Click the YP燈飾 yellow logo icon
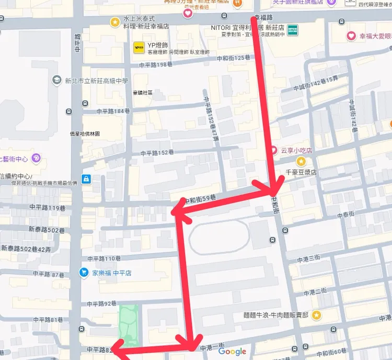[x=139, y=48]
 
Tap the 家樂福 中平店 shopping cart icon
[x=83, y=272]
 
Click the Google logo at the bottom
[x=233, y=352]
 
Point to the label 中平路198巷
[x=156, y=64]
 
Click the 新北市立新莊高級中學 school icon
[x=56, y=81]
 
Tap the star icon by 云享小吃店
[x=301, y=161]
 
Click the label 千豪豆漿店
[x=301, y=172]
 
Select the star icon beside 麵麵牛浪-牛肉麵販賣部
[x=316, y=315]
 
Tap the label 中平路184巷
[x=113, y=111]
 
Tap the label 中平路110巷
[x=104, y=258]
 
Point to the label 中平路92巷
[x=102, y=303]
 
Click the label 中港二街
[x=314, y=290]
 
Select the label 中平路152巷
[x=157, y=153]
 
